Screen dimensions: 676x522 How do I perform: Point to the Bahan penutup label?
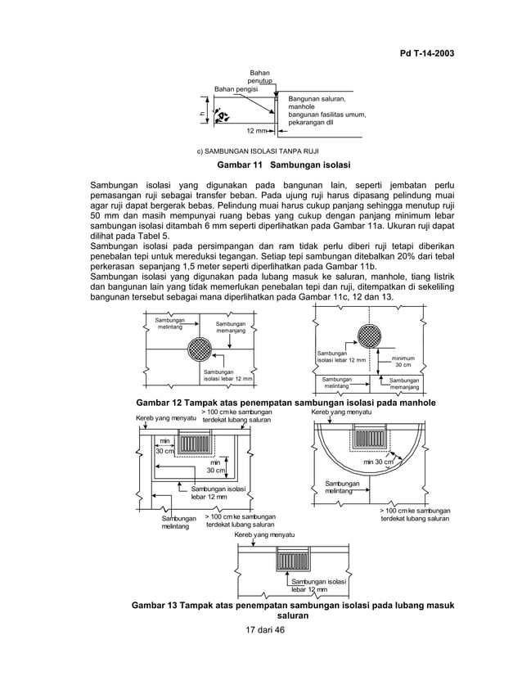(260, 79)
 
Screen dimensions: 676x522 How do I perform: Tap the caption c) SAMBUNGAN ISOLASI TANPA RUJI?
(258, 152)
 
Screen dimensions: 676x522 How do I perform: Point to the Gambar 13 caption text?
(285, 610)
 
